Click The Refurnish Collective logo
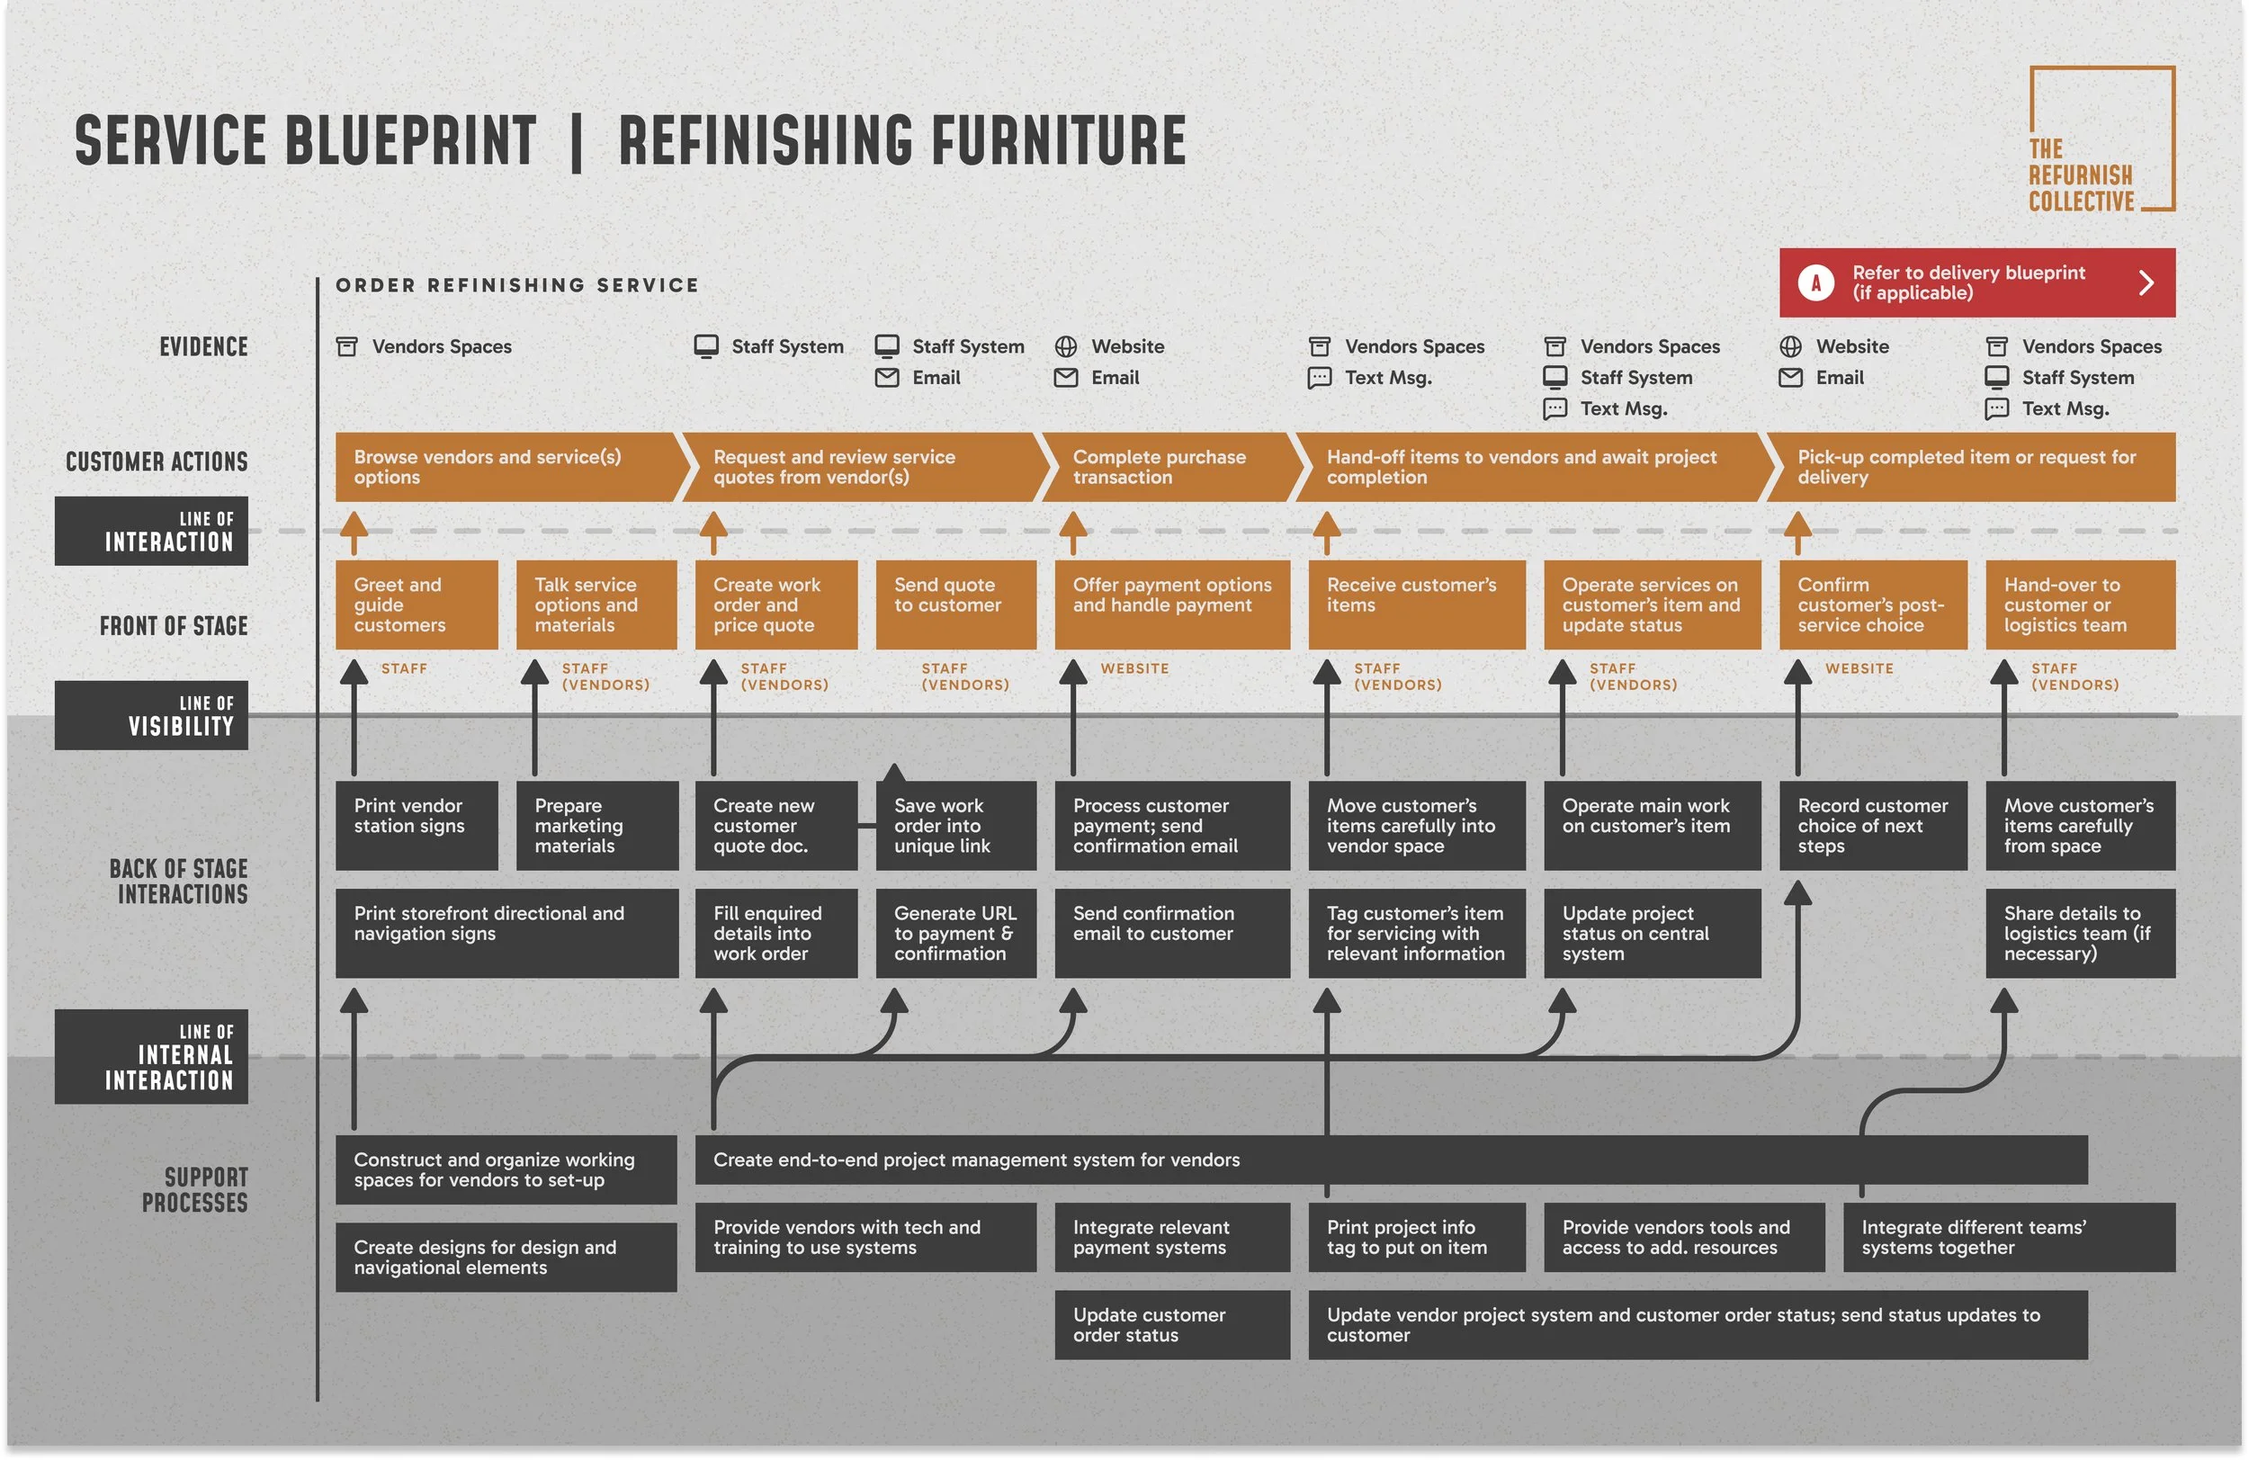2101,139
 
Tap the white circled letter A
1815,282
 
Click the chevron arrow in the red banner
2146,282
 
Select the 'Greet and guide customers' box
416,605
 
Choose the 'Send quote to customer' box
955,605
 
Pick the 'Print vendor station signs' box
416,825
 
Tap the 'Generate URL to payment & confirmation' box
955,933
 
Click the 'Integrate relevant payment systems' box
1172,1237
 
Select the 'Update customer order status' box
1172,1325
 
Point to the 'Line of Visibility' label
151,715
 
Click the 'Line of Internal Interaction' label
151,1056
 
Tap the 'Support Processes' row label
194,1190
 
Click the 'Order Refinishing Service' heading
517,285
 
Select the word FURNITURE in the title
1057,141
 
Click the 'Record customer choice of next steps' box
1872,825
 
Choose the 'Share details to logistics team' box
2080,933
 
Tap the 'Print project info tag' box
1416,1237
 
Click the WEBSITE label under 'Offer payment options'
1134,668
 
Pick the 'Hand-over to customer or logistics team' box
2080,605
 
